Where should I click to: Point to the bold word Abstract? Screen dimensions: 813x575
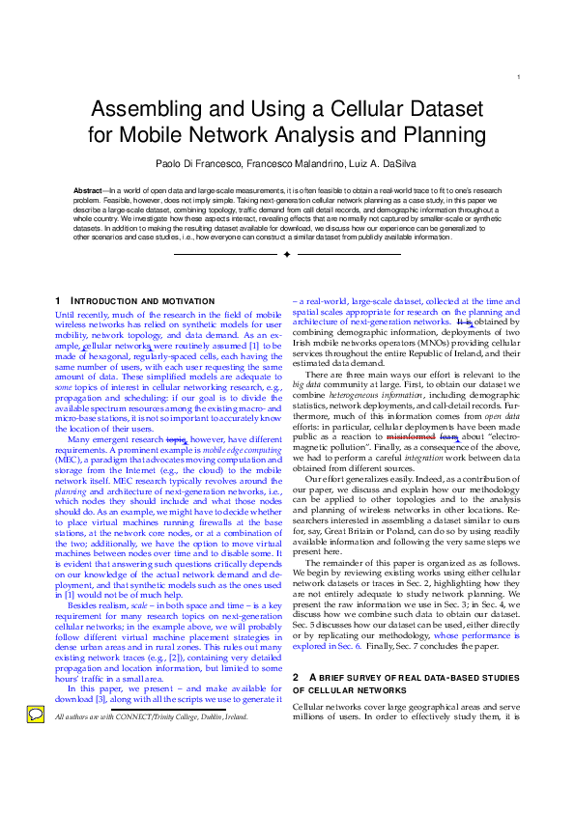(x=89, y=192)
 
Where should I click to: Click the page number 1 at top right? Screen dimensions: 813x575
(x=520, y=78)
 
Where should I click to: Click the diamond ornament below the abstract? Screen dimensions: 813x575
(x=287, y=254)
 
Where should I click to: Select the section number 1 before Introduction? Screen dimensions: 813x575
(x=58, y=301)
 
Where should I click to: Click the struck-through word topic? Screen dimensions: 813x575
(x=176, y=440)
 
